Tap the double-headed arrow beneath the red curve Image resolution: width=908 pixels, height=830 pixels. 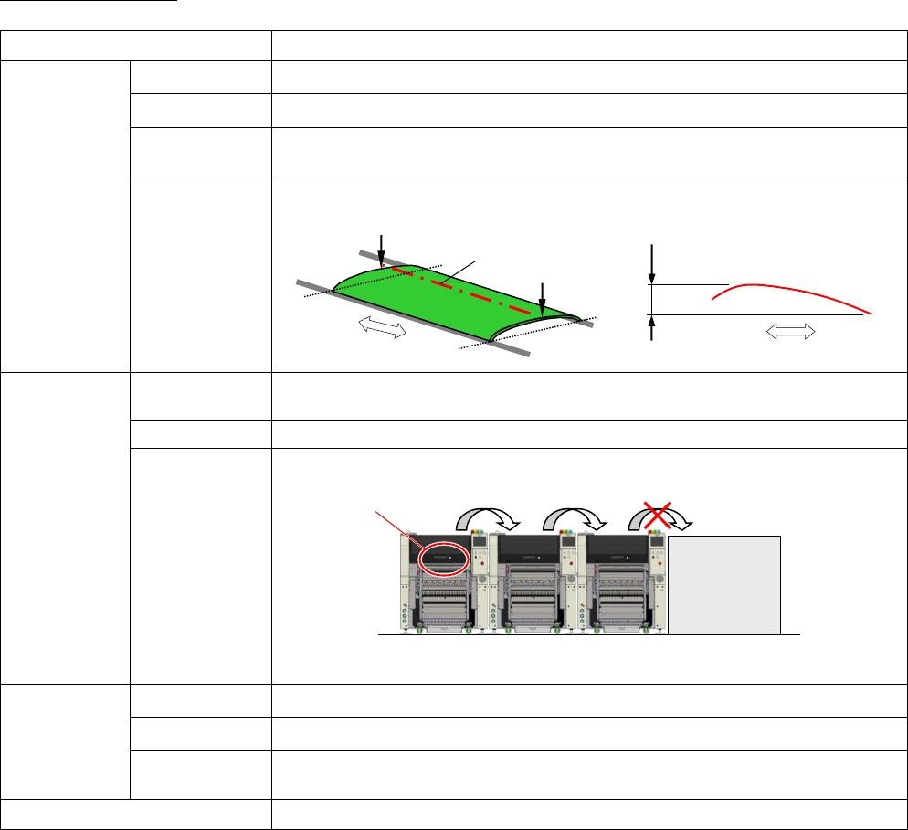789,335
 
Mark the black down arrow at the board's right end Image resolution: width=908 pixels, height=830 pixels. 543,298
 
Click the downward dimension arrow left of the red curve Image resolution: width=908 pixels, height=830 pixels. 651,264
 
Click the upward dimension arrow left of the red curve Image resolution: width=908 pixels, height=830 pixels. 651,327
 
